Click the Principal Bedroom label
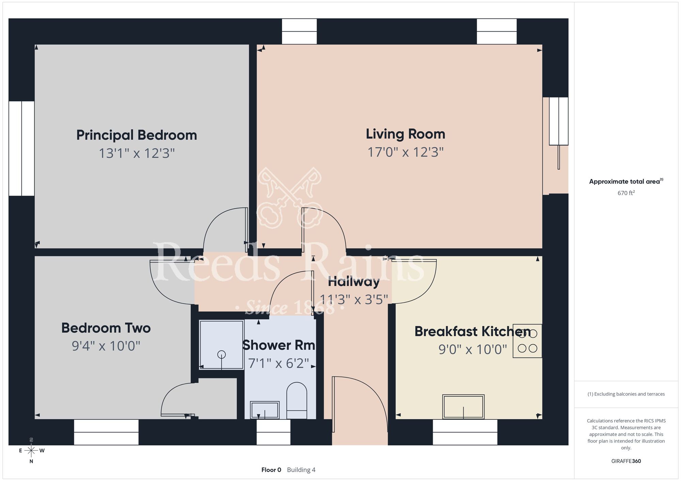click(137, 135)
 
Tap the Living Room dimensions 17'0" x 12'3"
click(406, 152)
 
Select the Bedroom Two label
click(106, 328)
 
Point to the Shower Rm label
click(279, 345)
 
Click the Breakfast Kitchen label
click(472, 331)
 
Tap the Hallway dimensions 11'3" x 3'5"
click(354, 299)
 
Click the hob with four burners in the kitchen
click(527, 341)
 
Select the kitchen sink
click(463, 407)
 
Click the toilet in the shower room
click(297, 401)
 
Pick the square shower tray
click(221, 345)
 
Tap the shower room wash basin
click(265, 410)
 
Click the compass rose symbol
click(31, 451)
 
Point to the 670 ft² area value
click(626, 193)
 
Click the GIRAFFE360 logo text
click(626, 461)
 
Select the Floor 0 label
click(271, 470)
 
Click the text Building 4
click(301, 470)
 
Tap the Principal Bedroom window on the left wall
click(21, 148)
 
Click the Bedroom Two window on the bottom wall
click(106, 432)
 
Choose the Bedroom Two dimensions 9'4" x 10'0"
click(106, 346)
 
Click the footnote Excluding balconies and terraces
click(626, 394)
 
